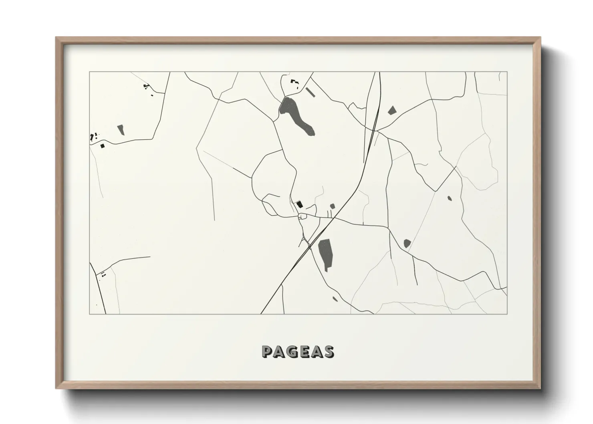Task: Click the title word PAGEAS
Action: click(x=297, y=351)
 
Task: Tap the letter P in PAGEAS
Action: click(x=267, y=351)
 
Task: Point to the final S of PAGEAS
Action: click(x=329, y=351)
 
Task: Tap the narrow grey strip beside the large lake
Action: click(x=310, y=92)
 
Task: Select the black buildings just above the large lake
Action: click(x=295, y=83)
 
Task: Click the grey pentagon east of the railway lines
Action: click(x=391, y=110)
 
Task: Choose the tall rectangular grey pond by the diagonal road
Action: click(x=325, y=253)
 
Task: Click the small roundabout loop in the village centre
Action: click(x=303, y=217)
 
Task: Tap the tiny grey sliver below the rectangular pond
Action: click(x=335, y=298)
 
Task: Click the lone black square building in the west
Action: click(x=103, y=146)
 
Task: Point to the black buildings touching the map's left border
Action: click(x=94, y=137)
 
